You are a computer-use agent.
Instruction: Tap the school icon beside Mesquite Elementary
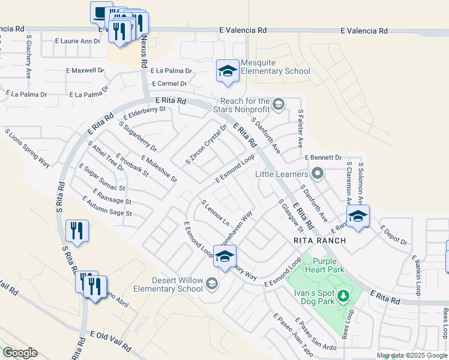pyautogui.click(x=228, y=72)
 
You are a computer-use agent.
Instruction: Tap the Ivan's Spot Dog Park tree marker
pyautogui.click(x=343, y=295)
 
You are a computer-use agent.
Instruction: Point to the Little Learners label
pyautogui.click(x=282, y=175)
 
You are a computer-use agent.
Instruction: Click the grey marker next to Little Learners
pyautogui.click(x=318, y=175)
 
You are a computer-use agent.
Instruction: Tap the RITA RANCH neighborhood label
pyautogui.click(x=319, y=241)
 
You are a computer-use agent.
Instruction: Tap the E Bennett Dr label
pyautogui.click(x=323, y=157)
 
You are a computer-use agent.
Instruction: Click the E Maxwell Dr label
pyautogui.click(x=85, y=70)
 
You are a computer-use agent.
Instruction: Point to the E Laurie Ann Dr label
pyautogui.click(x=77, y=41)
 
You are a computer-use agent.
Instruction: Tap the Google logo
pyautogui.click(x=20, y=353)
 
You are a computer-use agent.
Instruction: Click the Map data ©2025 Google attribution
pyautogui.click(x=412, y=355)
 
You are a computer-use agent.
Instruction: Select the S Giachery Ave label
pyautogui.click(x=29, y=56)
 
